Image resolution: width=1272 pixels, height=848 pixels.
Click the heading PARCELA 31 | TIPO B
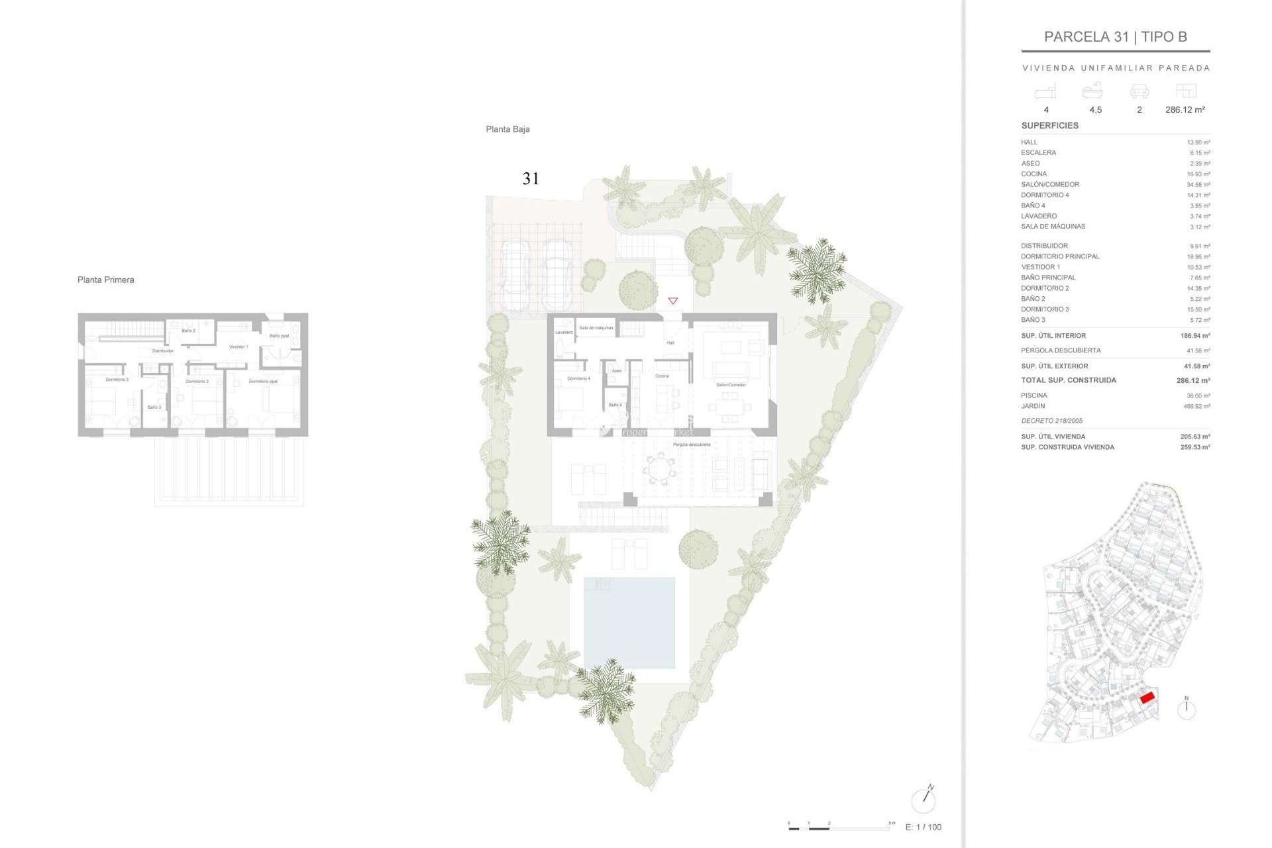pyautogui.click(x=1115, y=37)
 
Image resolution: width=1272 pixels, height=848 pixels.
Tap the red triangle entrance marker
pyautogui.click(x=672, y=301)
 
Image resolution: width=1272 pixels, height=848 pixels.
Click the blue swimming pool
pyautogui.click(x=629, y=623)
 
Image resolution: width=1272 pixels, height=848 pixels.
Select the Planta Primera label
pyautogui.click(x=105, y=280)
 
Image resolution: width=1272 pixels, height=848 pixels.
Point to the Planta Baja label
pyautogui.click(x=507, y=129)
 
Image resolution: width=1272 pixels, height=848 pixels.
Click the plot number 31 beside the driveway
pyautogui.click(x=531, y=179)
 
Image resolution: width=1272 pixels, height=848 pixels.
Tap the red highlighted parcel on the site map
pyautogui.click(x=1147, y=697)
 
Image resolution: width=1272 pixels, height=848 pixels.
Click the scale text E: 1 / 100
pyautogui.click(x=923, y=827)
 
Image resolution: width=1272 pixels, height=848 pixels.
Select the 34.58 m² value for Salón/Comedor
pyautogui.click(x=1198, y=185)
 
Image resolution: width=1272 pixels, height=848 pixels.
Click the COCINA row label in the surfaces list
pyautogui.click(x=1033, y=174)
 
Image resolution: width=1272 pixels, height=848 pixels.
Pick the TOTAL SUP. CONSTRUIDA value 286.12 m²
pyautogui.click(x=1193, y=380)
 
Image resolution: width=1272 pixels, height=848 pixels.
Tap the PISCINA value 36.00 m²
pyautogui.click(x=1198, y=396)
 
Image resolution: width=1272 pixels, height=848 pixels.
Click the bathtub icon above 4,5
pyautogui.click(x=1092, y=91)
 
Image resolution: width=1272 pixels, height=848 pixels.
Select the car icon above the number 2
pyautogui.click(x=1139, y=91)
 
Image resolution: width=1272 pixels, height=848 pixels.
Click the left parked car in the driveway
pyautogui.click(x=515, y=274)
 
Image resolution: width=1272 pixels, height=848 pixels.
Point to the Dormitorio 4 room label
pyautogui.click(x=578, y=378)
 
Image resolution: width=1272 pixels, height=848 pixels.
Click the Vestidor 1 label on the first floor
pyautogui.click(x=238, y=346)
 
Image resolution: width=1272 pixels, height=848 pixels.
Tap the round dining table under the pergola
pyautogui.click(x=659, y=469)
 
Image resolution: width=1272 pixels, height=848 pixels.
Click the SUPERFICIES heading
pyautogui.click(x=1049, y=125)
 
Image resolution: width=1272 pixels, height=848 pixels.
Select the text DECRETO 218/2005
pyautogui.click(x=1051, y=421)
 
